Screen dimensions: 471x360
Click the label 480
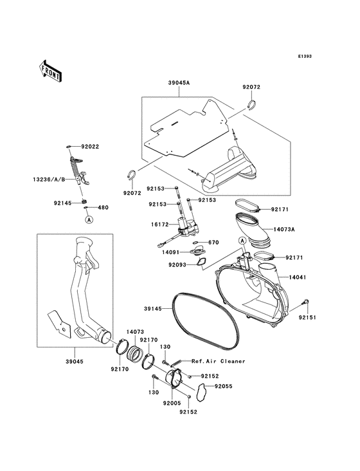point(103,208)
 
